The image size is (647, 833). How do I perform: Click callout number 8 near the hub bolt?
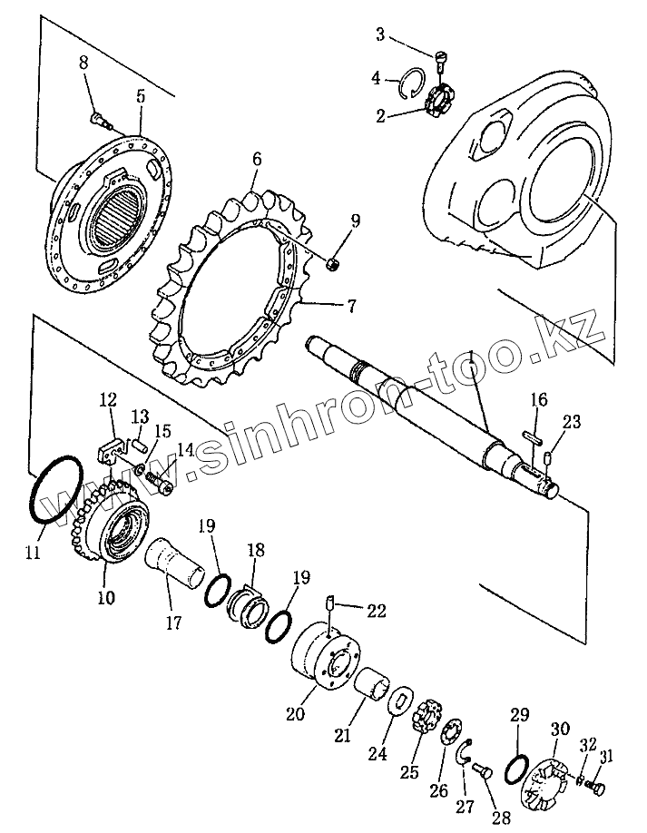click(84, 63)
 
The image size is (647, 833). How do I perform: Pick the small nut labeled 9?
click(333, 263)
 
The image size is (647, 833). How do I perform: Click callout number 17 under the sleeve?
click(172, 622)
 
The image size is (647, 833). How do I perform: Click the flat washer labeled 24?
click(396, 701)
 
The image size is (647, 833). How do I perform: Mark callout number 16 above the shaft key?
click(538, 399)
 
